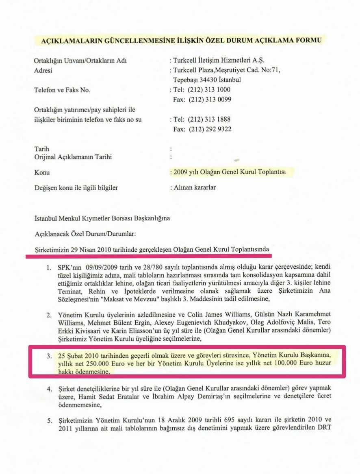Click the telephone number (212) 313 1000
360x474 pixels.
tap(209, 89)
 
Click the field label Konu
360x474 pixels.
tap(42, 172)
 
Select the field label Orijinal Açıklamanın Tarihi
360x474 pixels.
tap(73, 157)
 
